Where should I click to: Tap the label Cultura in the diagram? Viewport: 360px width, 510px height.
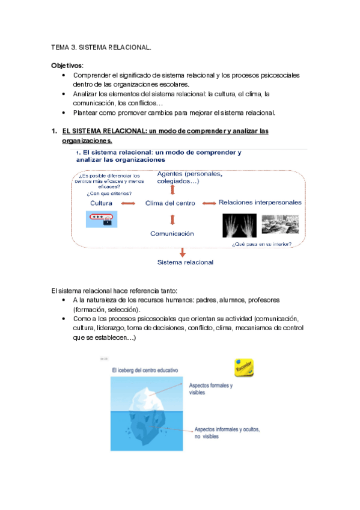102,203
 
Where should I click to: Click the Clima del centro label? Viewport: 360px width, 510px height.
170,203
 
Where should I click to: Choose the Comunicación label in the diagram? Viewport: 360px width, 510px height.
172,233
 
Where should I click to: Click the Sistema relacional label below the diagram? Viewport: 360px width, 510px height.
185,262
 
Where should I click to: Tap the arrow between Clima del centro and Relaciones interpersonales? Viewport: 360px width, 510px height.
208,203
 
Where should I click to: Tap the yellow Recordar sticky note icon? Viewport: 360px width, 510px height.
243,367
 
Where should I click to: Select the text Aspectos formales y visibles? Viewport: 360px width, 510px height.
211,389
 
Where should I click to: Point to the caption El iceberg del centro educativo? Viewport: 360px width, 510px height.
145,371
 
